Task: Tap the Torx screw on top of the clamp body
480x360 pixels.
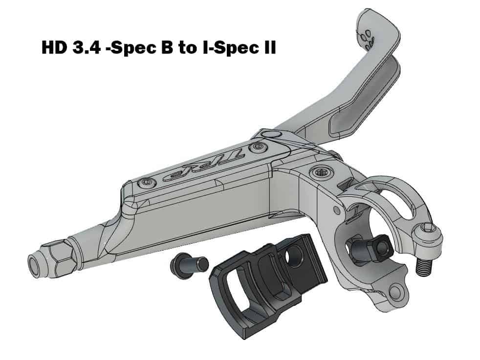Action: pyautogui.click(x=319, y=172)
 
